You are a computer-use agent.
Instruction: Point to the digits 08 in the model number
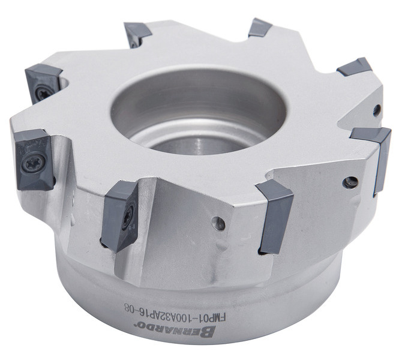[x=130, y=307]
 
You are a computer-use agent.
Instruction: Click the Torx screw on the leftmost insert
[x=34, y=162]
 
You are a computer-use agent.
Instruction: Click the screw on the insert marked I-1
[x=128, y=216]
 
